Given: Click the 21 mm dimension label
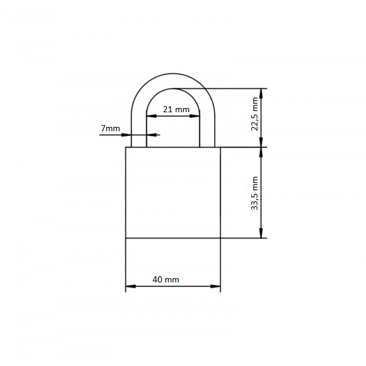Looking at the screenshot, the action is click(x=176, y=109).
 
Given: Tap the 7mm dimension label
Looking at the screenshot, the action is click(x=110, y=128).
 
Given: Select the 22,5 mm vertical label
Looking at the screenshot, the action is click(x=254, y=114).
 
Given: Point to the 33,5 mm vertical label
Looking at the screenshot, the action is click(x=254, y=193).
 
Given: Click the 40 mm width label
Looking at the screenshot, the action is click(x=166, y=279).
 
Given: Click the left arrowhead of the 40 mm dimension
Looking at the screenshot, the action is click(x=131, y=286).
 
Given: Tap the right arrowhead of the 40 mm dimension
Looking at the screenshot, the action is click(x=215, y=286).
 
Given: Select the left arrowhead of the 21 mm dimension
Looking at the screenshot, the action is click(x=151, y=116).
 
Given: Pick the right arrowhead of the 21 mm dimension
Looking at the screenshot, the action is click(x=195, y=116).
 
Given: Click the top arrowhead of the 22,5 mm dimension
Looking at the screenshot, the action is click(x=261, y=93).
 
